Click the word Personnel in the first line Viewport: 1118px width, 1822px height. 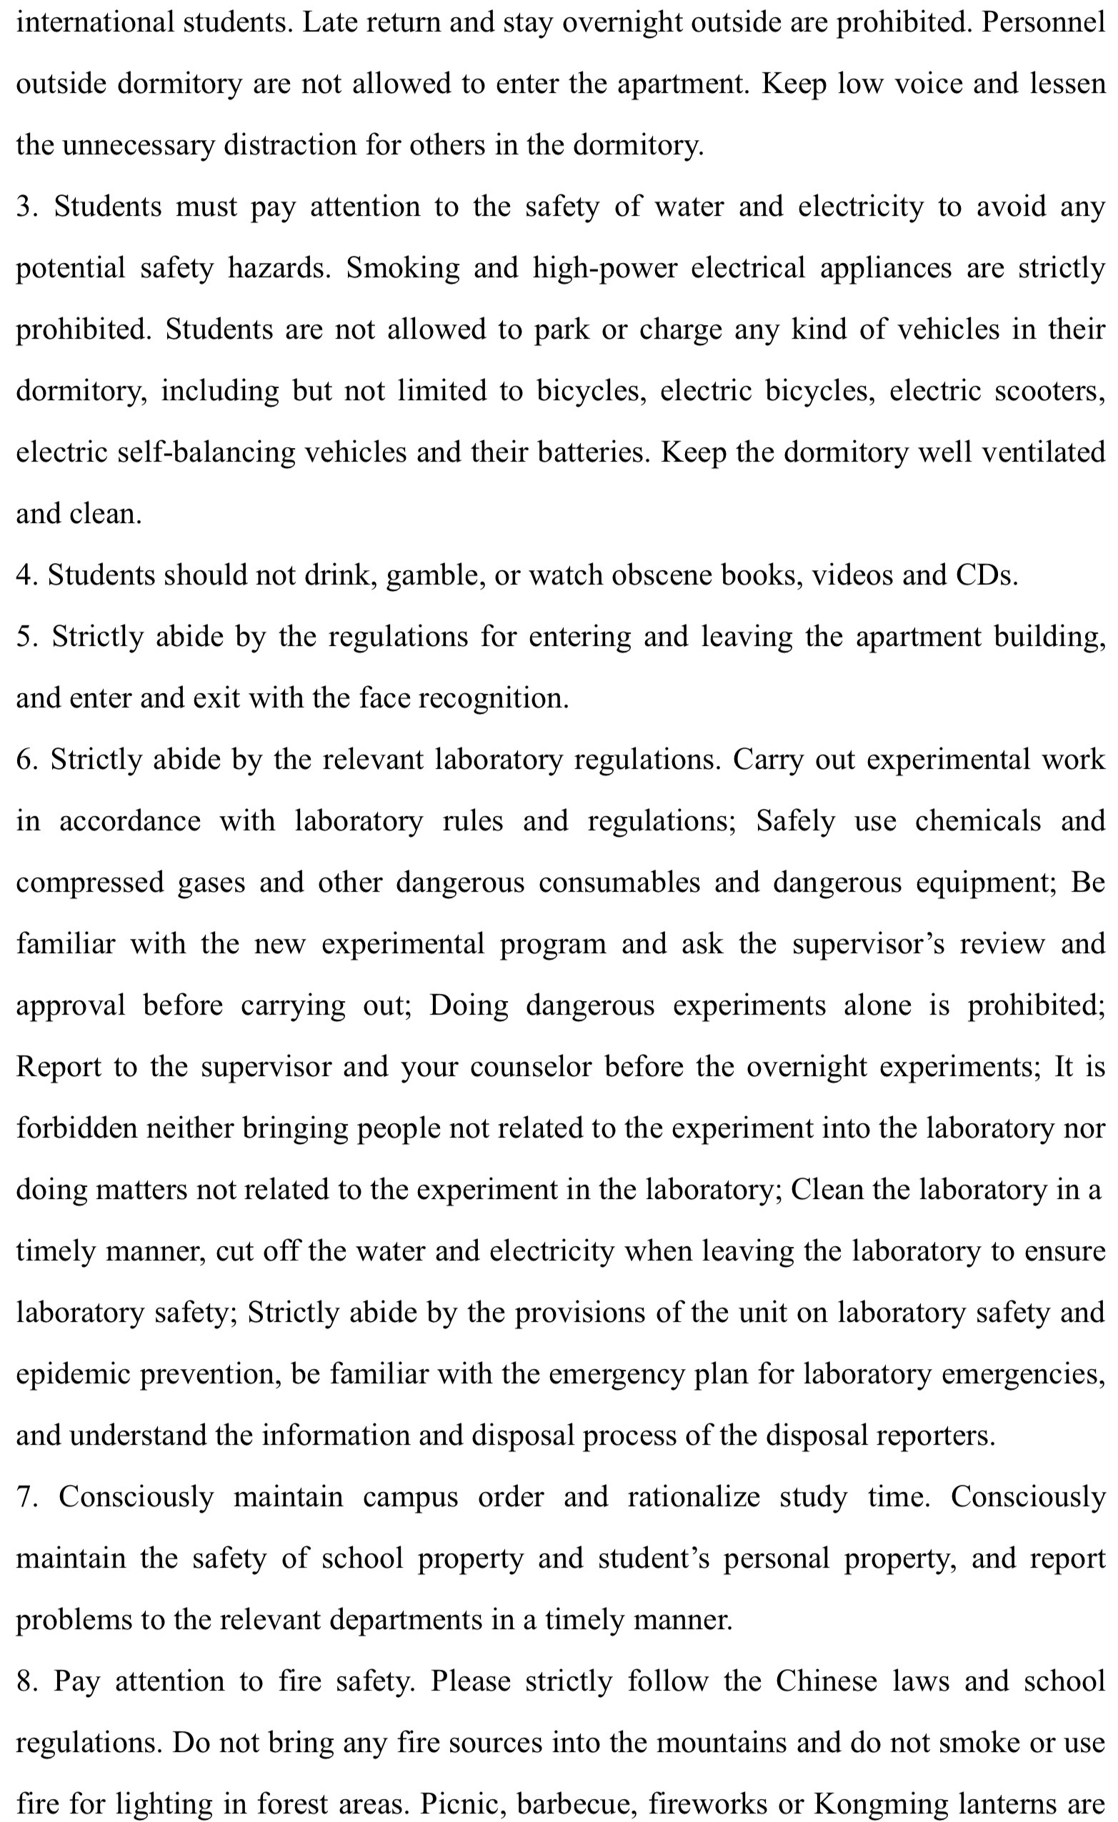click(1042, 22)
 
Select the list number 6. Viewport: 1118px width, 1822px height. click(25, 760)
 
